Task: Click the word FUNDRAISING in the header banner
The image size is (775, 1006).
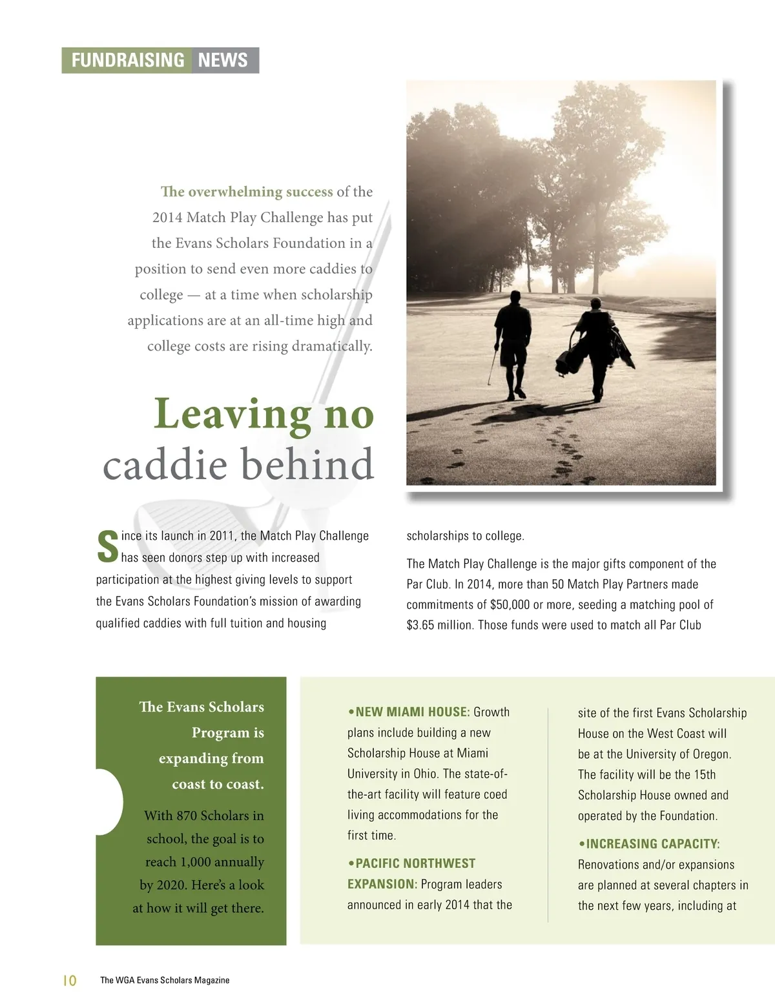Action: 127,60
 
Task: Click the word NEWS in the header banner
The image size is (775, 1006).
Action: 223,60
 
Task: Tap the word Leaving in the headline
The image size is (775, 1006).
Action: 232,414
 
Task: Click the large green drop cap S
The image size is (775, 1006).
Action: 107,547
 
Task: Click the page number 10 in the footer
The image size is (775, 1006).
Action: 69,980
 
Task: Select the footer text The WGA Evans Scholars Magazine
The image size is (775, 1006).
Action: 165,980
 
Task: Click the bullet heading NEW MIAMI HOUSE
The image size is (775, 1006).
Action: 412,712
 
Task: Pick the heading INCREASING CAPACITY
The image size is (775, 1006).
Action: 652,844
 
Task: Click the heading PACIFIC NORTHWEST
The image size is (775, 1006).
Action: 415,864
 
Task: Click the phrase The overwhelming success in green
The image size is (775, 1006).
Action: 247,192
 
